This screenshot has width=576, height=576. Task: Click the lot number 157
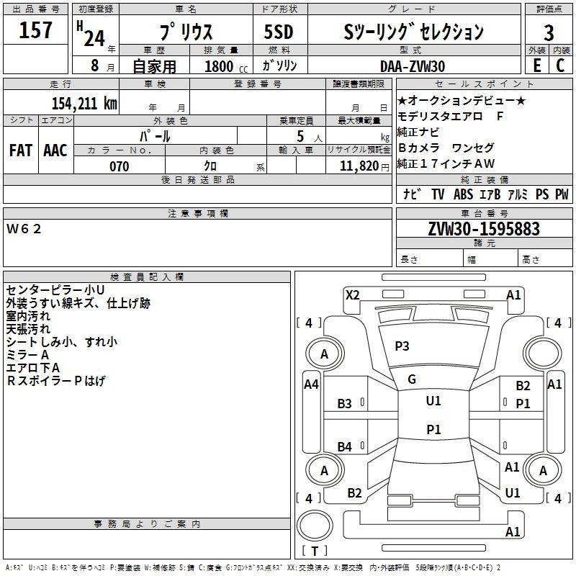point(36,31)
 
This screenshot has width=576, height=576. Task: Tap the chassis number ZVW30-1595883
point(484,229)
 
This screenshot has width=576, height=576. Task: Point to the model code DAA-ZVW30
point(412,66)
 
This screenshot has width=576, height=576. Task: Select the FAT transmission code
point(21,150)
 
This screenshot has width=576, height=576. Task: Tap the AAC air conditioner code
point(55,150)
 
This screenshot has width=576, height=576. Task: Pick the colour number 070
point(119,166)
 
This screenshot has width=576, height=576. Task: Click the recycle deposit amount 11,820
point(358,166)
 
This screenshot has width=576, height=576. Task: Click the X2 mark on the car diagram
point(352,294)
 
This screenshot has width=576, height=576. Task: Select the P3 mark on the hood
point(402,346)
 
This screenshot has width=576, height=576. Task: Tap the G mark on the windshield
point(412,379)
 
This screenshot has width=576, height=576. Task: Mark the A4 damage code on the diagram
point(311,384)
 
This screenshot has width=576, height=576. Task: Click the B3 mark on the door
point(345,404)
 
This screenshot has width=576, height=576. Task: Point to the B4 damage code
point(345,447)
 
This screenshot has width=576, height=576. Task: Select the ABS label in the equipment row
point(463,194)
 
